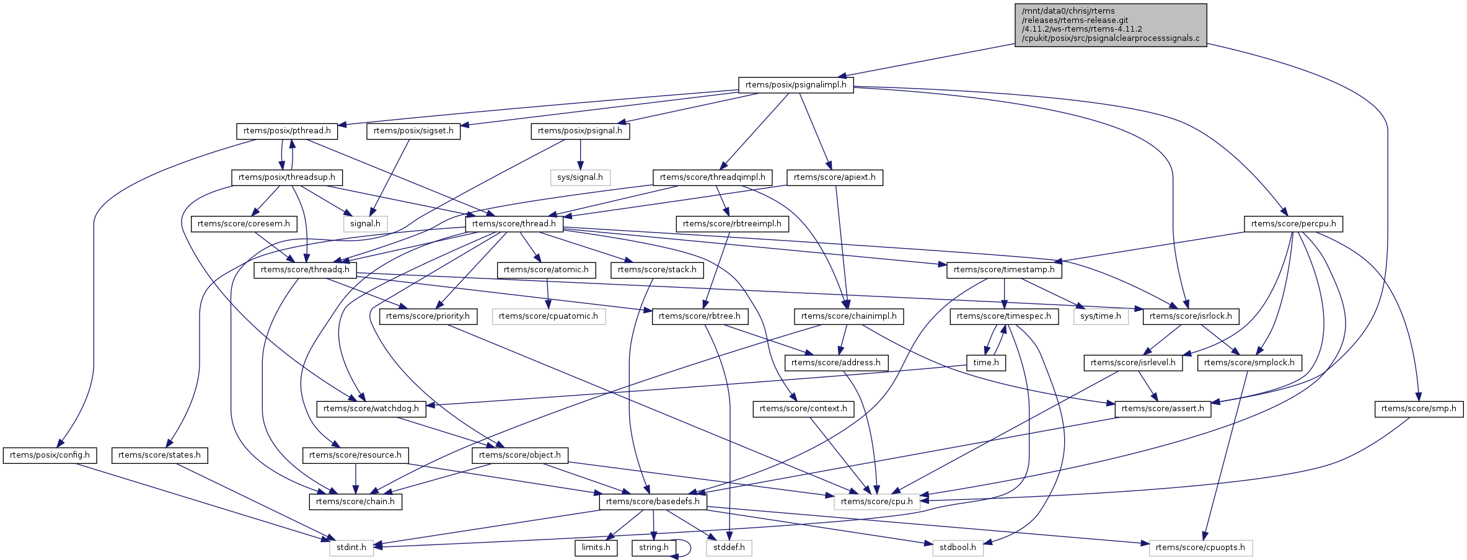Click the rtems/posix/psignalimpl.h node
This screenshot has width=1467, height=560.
pyautogui.click(x=796, y=85)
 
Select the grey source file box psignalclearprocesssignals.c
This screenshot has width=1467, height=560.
pyautogui.click(x=1110, y=25)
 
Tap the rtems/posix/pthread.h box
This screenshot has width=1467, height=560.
pyautogui.click(x=286, y=131)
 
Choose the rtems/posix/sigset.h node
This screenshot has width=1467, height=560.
pyautogui.click(x=413, y=131)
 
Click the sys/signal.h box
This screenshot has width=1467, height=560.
pyautogui.click(x=580, y=177)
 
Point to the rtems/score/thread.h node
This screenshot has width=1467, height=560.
pyautogui.click(x=514, y=224)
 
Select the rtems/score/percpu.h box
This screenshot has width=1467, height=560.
pyautogui.click(x=1293, y=224)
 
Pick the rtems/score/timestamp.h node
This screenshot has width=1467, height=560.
pyautogui.click(x=1004, y=270)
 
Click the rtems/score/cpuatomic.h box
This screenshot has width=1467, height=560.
pyautogui.click(x=548, y=316)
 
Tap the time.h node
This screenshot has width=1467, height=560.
pyautogui.click(x=986, y=363)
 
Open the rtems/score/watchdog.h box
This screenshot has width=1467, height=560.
pyautogui.click(x=371, y=409)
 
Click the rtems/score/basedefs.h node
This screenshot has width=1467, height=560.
pyautogui.click(x=653, y=502)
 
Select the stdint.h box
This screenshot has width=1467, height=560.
pyautogui.click(x=351, y=548)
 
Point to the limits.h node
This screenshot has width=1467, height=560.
pyautogui.click(x=596, y=548)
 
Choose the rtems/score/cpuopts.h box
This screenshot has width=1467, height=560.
pyautogui.click(x=1200, y=548)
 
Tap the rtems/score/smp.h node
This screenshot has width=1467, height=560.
pyautogui.click(x=1419, y=409)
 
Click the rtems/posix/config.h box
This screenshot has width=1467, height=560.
pyautogui.click(x=50, y=455)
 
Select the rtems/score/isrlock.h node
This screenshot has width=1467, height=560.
pyautogui.click(x=1191, y=316)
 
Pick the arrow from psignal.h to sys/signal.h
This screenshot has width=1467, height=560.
pyautogui.click(x=580, y=154)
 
